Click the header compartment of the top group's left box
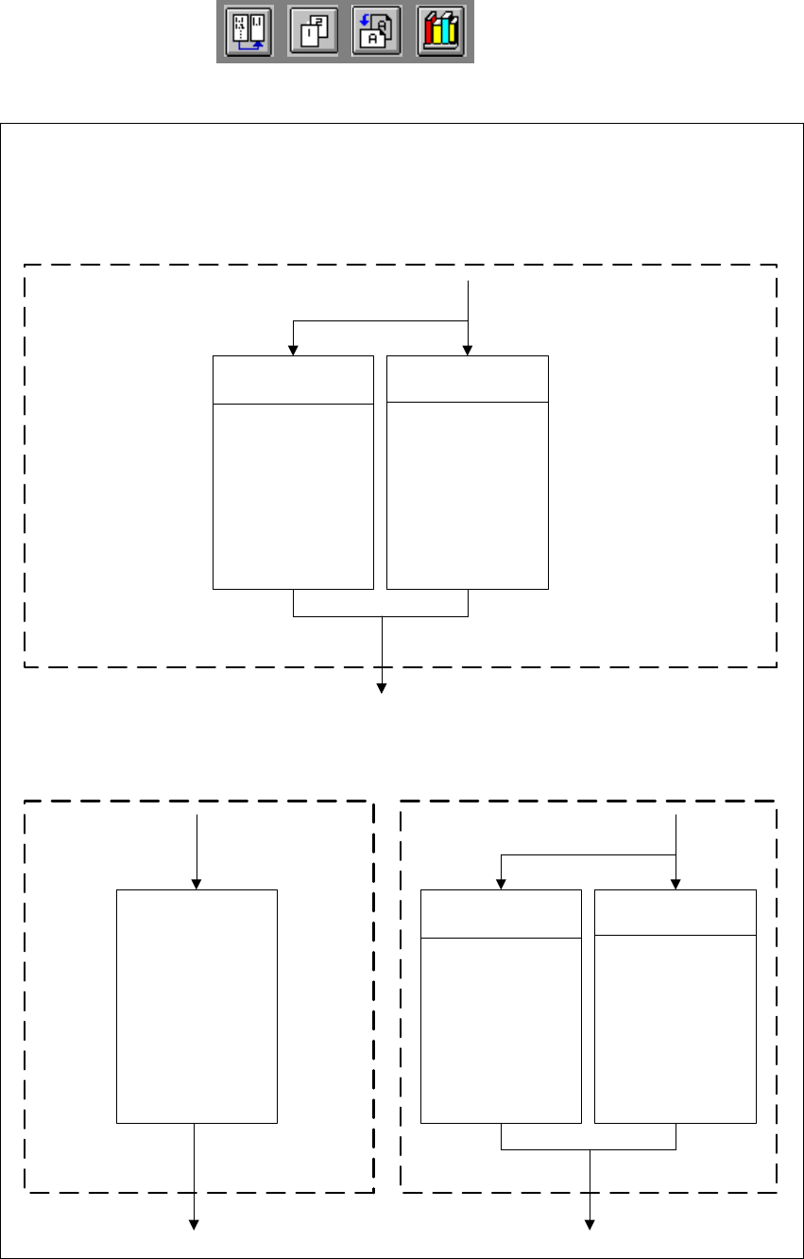click(293, 380)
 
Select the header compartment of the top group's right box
click(468, 379)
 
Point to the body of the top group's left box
click(293, 495)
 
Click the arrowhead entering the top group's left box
click(294, 351)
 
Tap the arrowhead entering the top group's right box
click(469, 351)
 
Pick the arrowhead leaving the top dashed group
click(383, 688)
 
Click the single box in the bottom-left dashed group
click(197, 1006)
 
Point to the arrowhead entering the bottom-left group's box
click(197, 884)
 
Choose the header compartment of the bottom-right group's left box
click(501, 914)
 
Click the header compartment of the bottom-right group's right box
click(676, 912)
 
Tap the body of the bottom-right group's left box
click(501, 1030)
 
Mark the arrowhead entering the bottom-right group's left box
click(501, 884)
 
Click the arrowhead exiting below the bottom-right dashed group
click(590, 1225)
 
